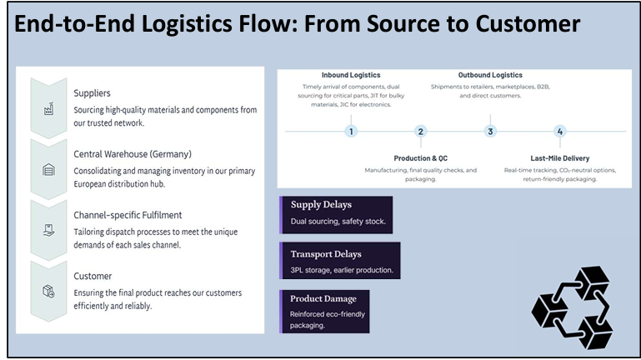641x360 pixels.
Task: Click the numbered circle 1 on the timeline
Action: click(351, 131)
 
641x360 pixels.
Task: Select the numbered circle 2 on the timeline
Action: click(420, 131)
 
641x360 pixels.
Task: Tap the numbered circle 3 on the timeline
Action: click(490, 131)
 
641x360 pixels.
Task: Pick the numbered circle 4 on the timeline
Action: click(559, 131)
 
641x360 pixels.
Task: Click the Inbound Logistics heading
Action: click(351, 75)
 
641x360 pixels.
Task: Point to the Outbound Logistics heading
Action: click(490, 75)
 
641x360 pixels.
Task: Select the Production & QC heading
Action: click(421, 158)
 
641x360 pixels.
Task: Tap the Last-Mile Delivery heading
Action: click(559, 158)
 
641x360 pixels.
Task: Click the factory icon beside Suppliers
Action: click(48, 108)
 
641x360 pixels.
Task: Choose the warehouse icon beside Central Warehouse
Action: click(48, 169)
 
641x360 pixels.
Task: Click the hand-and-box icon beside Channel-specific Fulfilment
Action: click(48, 231)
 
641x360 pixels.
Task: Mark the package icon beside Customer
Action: click(48, 292)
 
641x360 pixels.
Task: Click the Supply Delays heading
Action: click(321, 205)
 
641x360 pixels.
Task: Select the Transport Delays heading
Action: click(326, 254)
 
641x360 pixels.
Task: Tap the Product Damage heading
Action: click(323, 298)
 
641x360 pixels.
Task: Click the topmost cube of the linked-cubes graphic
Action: click(592, 282)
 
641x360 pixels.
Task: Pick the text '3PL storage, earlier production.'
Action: click(342, 270)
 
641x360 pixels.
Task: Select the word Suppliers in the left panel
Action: click(92, 93)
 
